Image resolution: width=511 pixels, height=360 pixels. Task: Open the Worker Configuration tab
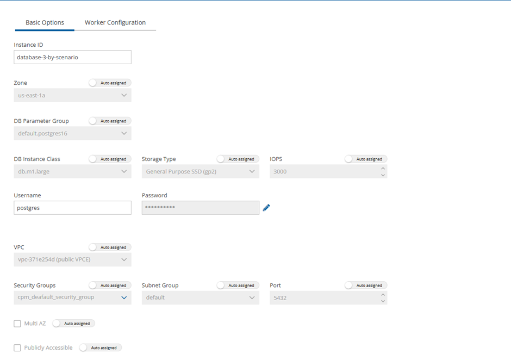pos(115,22)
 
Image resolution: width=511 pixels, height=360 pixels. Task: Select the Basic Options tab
pos(45,22)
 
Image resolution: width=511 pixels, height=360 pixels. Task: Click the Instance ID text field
pos(72,57)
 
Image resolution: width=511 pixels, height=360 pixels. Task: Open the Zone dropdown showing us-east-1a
pos(72,95)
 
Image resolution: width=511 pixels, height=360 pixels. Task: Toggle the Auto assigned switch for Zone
pos(110,83)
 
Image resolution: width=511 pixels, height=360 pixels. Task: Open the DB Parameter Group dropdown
pos(72,133)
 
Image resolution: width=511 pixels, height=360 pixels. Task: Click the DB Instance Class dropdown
pos(72,171)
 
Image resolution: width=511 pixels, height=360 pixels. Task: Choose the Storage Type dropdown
pos(201,171)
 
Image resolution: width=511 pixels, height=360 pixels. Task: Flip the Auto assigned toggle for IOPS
pos(366,159)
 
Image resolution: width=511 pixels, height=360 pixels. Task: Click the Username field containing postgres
pos(72,208)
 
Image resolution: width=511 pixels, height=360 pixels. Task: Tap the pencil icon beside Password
pos(266,208)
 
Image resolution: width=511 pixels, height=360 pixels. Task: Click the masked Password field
pos(201,208)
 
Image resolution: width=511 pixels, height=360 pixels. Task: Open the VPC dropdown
pos(72,259)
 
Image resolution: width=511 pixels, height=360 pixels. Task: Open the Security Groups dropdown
pos(72,297)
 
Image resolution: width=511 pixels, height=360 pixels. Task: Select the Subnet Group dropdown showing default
pos(201,297)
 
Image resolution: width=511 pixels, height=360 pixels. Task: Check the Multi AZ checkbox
pos(17,324)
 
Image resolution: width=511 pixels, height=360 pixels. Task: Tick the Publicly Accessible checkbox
pos(17,347)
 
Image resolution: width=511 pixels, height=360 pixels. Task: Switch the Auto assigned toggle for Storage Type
pos(238,159)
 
